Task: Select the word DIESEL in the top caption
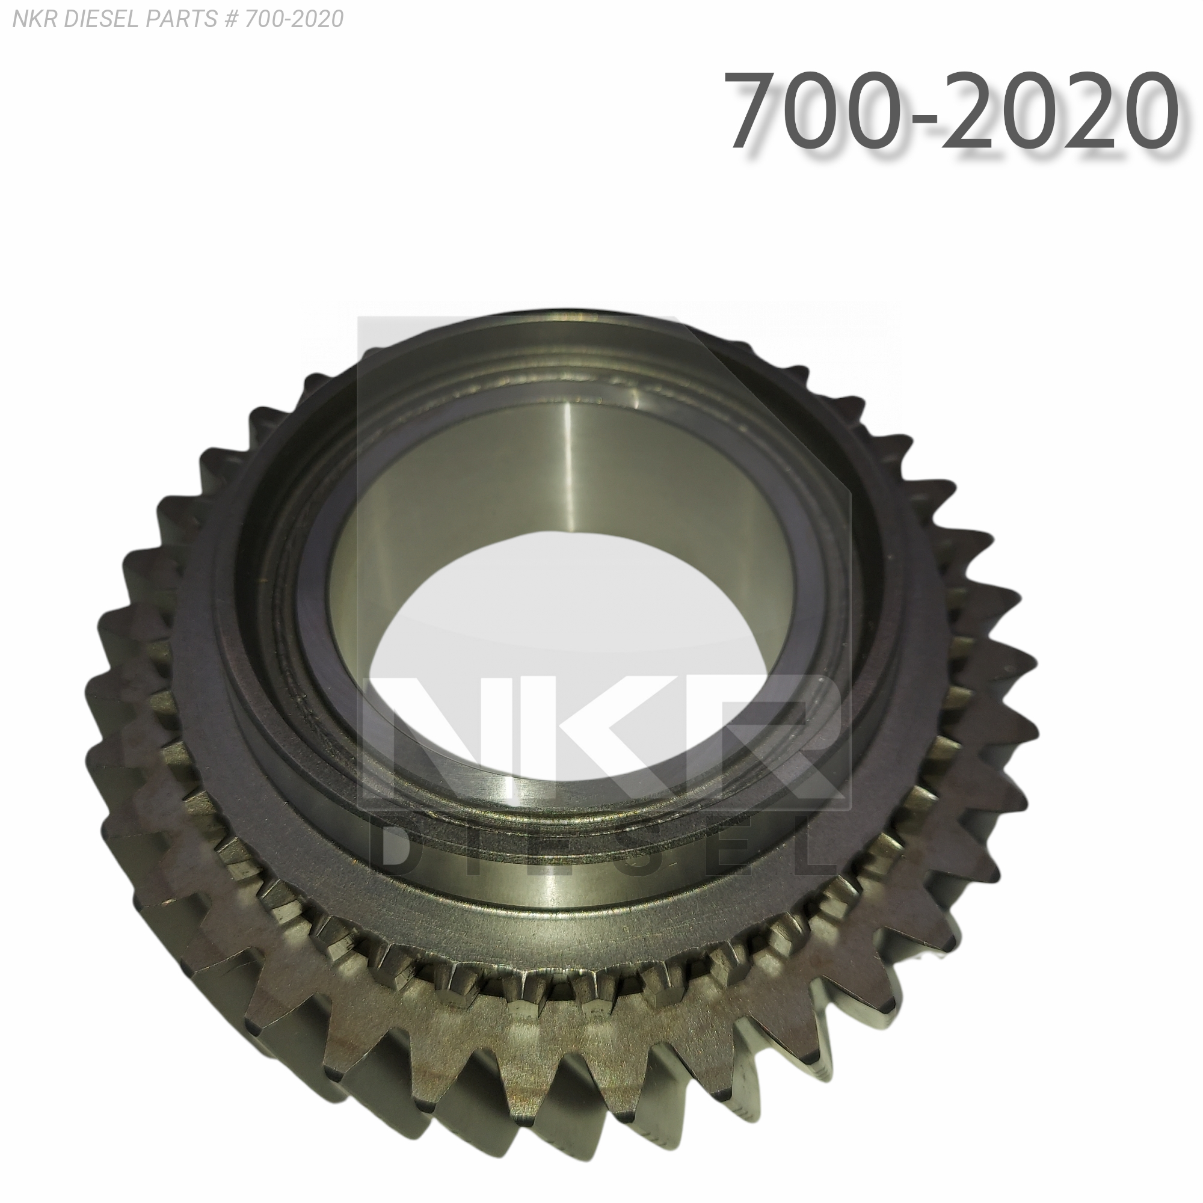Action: point(100,19)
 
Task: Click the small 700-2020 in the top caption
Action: point(294,19)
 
